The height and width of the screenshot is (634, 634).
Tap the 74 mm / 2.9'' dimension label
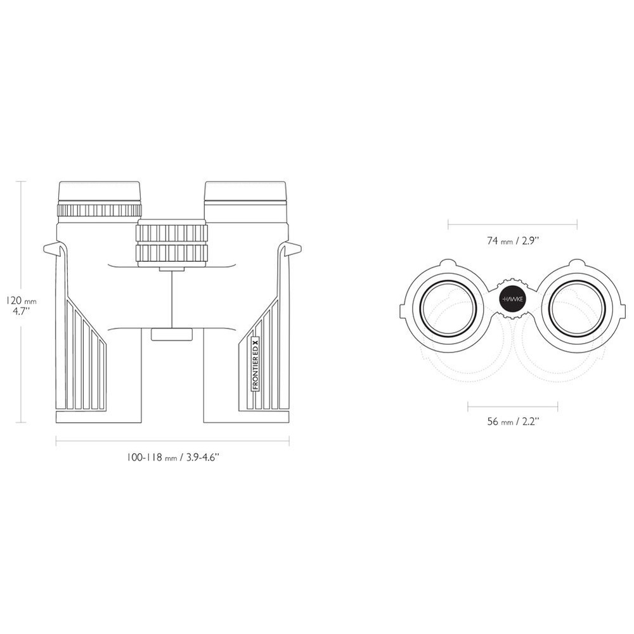[513, 240]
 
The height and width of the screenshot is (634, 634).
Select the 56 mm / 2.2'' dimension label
[513, 422]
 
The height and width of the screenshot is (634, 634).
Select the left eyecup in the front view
[100, 191]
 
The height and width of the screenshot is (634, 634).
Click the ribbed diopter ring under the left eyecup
[100, 211]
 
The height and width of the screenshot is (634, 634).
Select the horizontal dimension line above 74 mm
[512, 223]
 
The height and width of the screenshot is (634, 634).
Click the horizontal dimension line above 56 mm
[512, 404]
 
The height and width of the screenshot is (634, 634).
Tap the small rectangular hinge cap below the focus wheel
[172, 334]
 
